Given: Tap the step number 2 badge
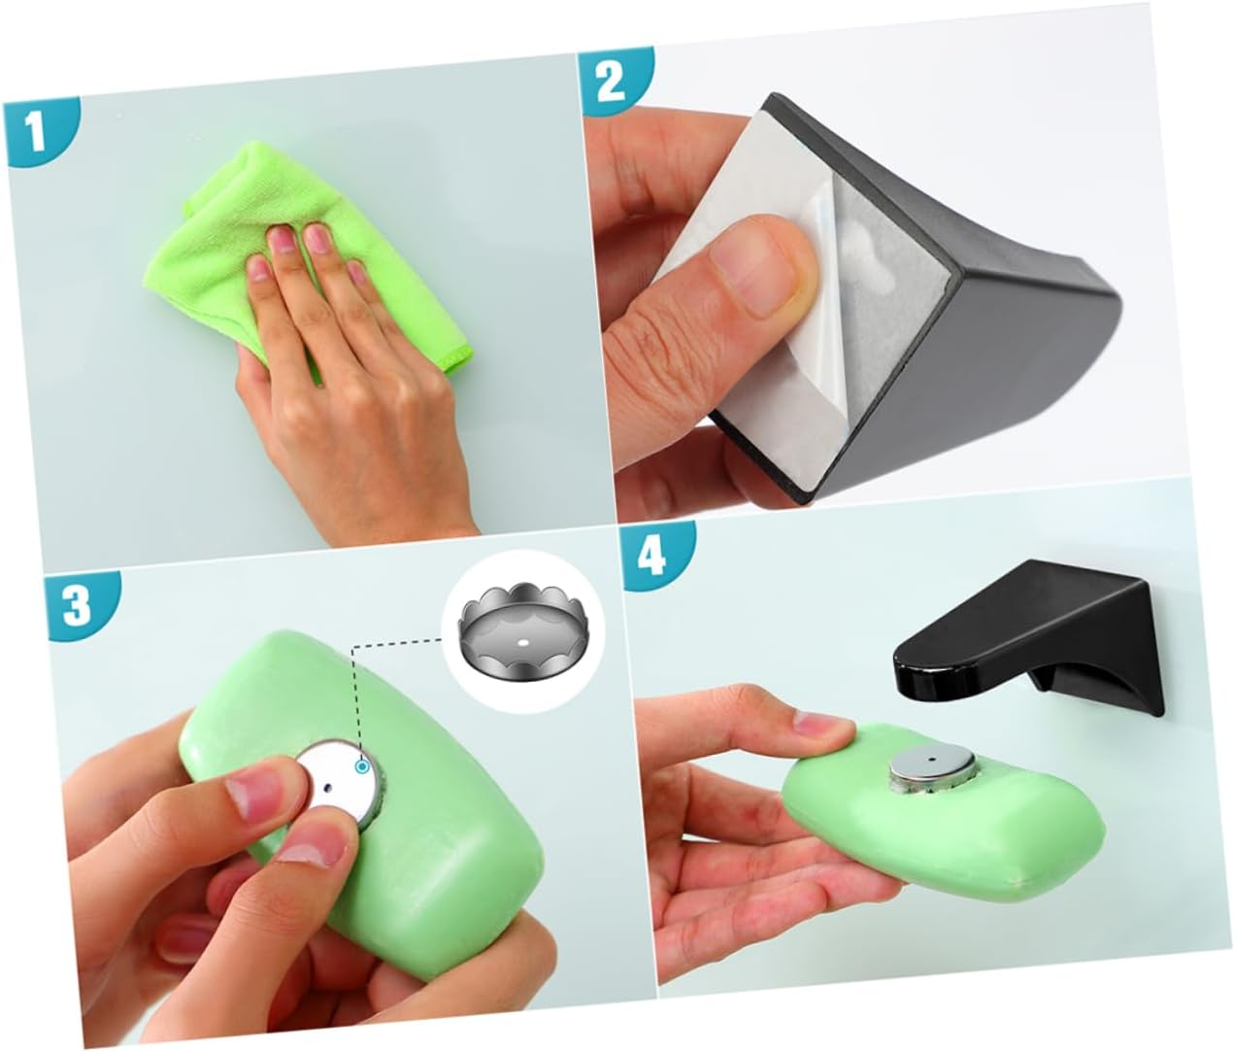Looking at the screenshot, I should click(610, 82).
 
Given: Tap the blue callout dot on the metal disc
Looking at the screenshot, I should click(362, 767).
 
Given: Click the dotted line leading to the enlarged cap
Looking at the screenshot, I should click(398, 643).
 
